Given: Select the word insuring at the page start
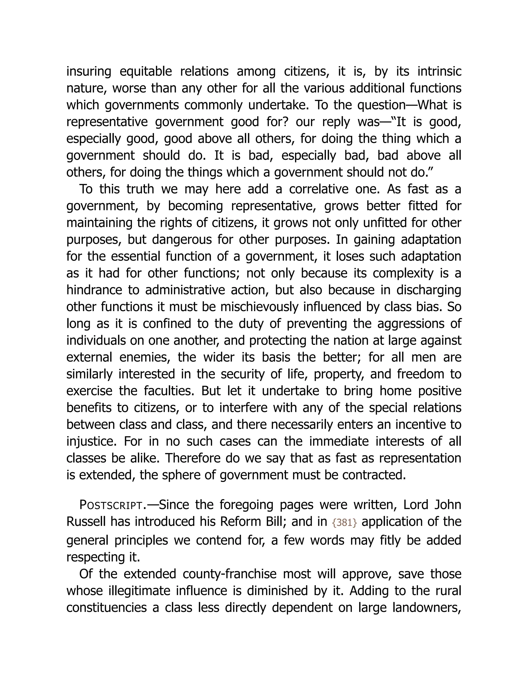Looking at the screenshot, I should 89,72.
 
